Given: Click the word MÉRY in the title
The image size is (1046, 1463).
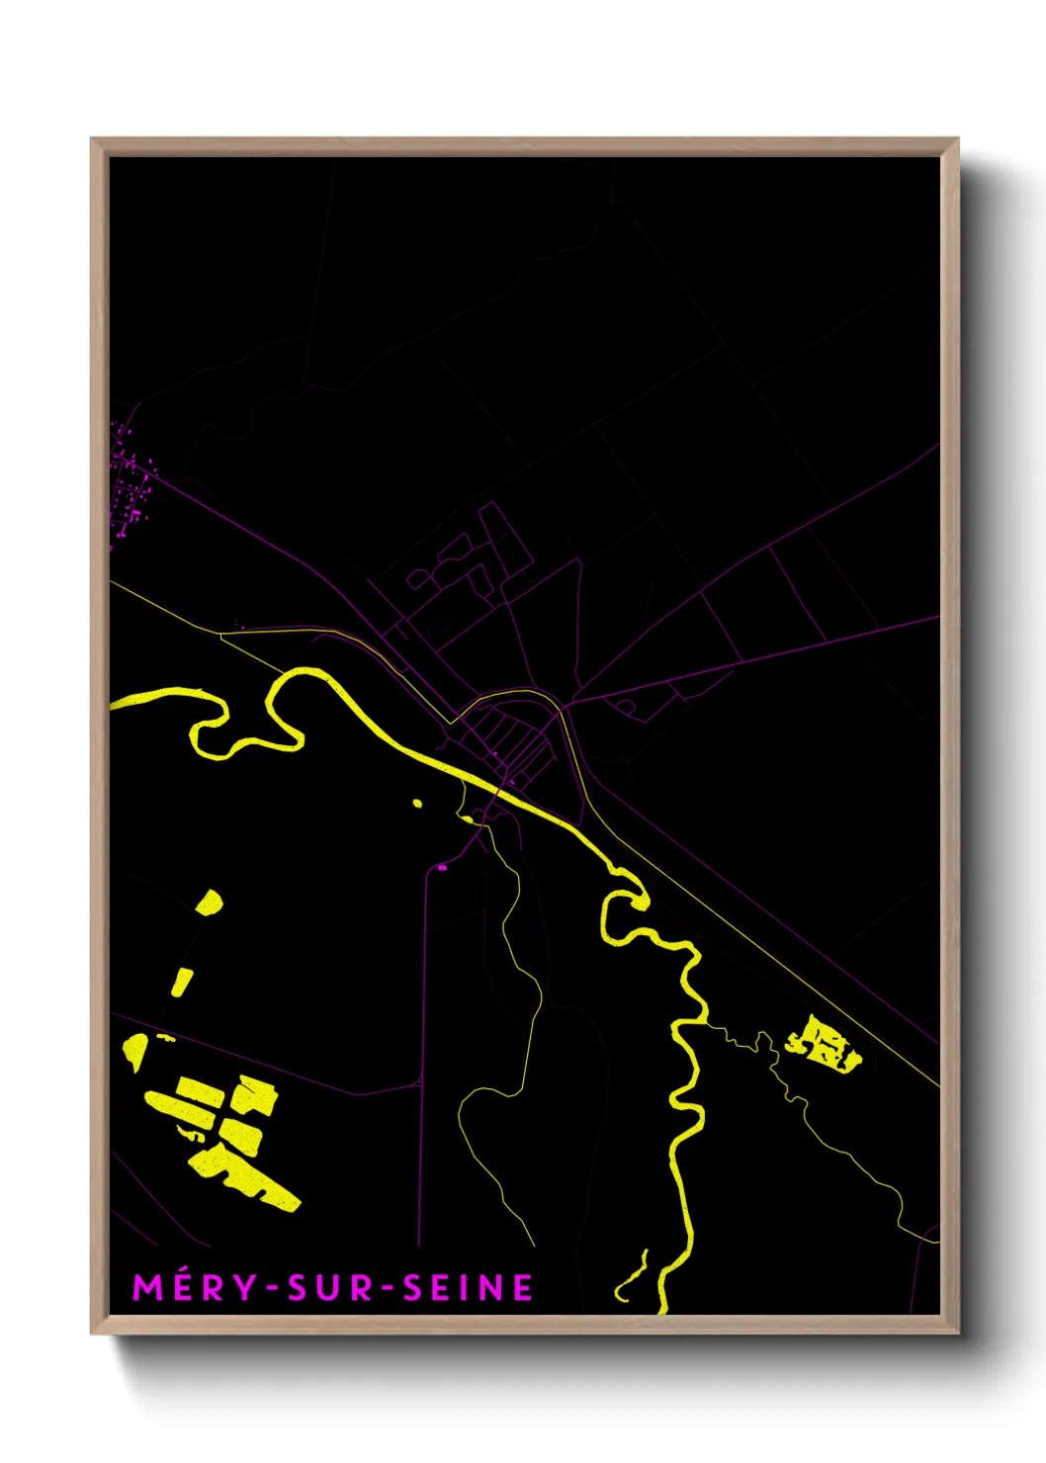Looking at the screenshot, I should (x=195, y=1287).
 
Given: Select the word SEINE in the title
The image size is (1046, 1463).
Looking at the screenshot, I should (x=469, y=1287).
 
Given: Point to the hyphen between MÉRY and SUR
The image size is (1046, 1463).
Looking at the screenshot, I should (x=272, y=1288).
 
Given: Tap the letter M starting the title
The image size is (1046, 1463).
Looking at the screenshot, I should (x=146, y=1287).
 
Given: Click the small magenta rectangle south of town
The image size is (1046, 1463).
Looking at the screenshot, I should (x=442, y=867).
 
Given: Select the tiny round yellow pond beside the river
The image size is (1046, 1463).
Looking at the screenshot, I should (x=417, y=804).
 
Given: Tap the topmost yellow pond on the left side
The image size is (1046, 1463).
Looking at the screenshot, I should (x=210, y=902).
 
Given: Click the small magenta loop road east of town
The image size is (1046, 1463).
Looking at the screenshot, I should (x=625, y=707).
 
